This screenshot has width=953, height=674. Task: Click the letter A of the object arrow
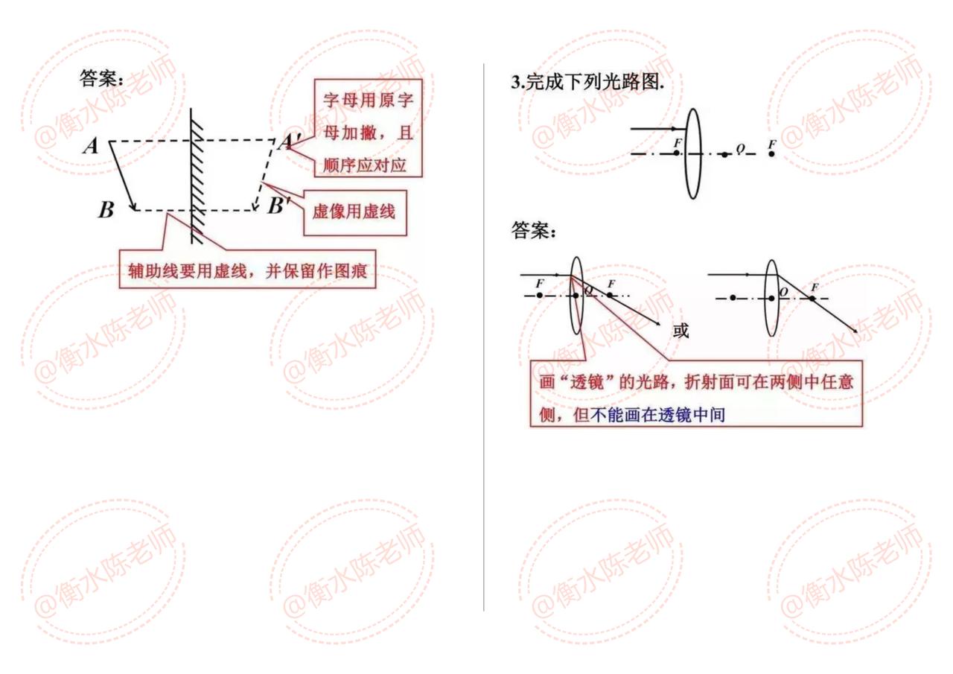pyautogui.click(x=91, y=146)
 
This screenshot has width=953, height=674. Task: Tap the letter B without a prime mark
pyautogui.click(x=106, y=211)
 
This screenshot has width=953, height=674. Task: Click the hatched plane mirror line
pyautogui.click(x=196, y=176)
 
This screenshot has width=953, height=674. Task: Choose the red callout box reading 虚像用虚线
pyautogui.click(x=354, y=212)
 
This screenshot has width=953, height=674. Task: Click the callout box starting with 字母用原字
pyautogui.click(x=368, y=128)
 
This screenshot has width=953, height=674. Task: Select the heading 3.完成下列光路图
pyautogui.click(x=587, y=83)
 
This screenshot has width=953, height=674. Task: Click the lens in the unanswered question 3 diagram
pyautogui.click(x=692, y=153)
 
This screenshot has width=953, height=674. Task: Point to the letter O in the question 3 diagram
pyautogui.click(x=741, y=147)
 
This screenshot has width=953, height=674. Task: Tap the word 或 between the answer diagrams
pyautogui.click(x=681, y=329)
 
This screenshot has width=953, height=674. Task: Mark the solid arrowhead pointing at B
pyautogui.click(x=133, y=206)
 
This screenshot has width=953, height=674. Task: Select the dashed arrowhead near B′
pyautogui.click(x=255, y=206)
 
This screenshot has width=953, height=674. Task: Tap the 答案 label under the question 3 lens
pyautogui.click(x=533, y=231)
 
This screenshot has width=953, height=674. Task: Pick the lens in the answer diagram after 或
pyautogui.click(x=771, y=298)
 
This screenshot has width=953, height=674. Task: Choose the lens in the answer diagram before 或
pyautogui.click(x=576, y=296)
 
